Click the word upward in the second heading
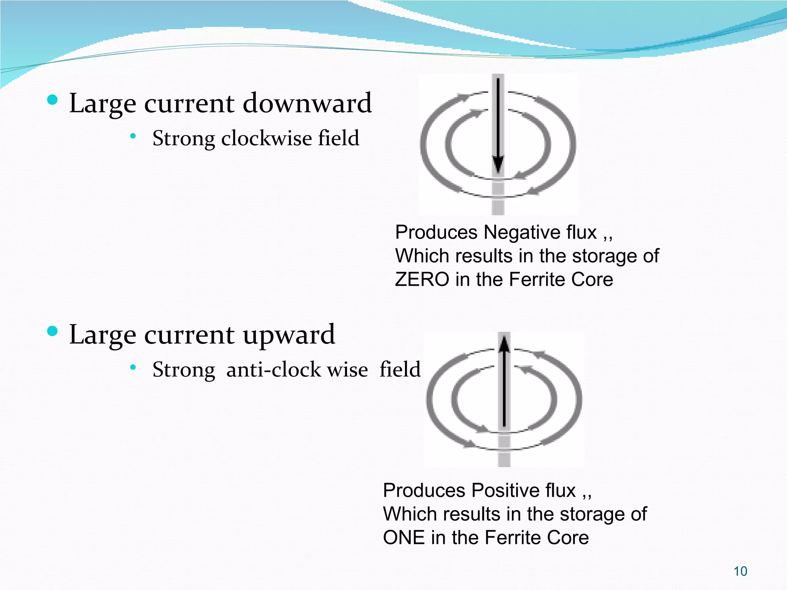289,335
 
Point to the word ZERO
422,279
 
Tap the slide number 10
740,571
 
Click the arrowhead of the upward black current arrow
504,343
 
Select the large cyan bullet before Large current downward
52,100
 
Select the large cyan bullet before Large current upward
52,331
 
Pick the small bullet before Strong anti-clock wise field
133,368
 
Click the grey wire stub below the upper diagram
498,204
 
